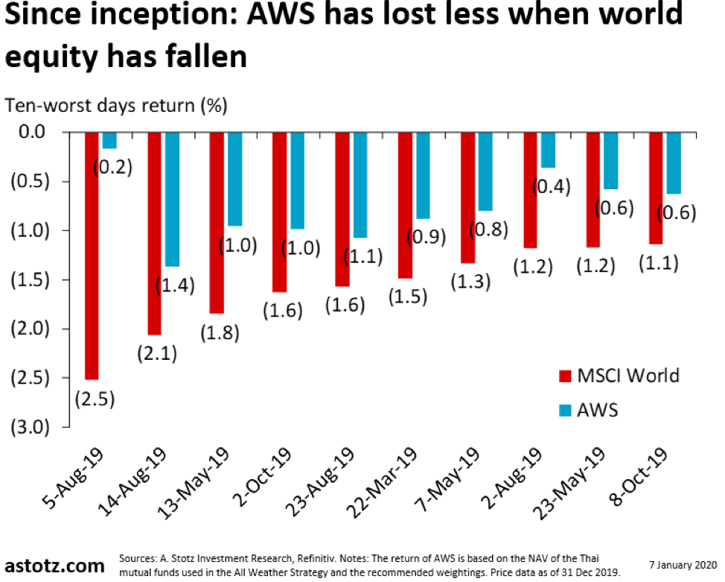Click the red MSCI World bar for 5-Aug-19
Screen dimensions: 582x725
pos(92,255)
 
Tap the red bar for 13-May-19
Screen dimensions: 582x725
pos(217,222)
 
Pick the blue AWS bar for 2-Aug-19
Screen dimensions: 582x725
pos(548,149)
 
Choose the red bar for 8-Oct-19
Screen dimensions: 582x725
pos(656,188)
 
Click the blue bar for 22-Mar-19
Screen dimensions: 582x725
pos(423,175)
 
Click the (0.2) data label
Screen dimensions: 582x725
pos(112,167)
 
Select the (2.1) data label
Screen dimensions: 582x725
pos(156,354)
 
